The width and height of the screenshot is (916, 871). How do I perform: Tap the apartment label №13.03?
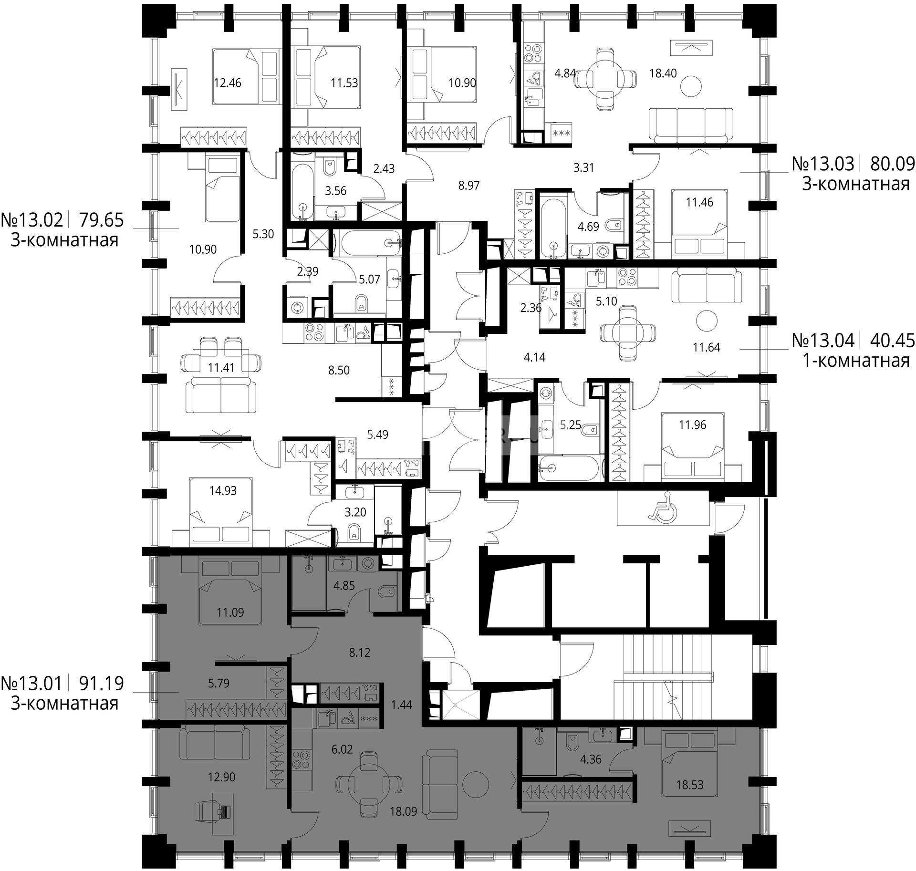[823, 164]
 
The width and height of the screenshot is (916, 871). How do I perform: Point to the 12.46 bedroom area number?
[228, 83]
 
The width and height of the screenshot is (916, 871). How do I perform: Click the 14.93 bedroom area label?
[223, 490]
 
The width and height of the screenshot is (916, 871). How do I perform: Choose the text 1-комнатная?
[856, 360]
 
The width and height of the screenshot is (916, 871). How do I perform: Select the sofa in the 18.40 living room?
[690, 125]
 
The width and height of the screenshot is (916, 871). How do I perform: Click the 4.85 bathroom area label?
[343, 585]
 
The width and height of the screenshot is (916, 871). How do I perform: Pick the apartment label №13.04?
[823, 340]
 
